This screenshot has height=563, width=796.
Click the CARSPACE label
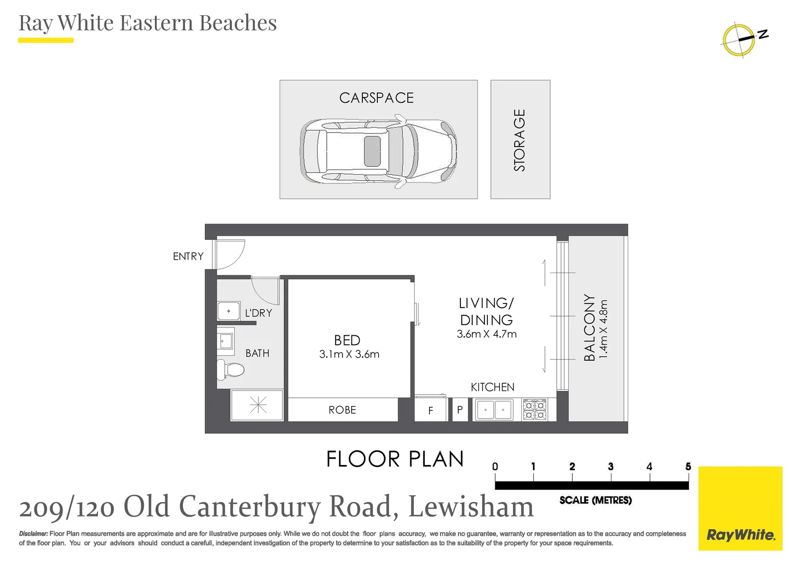click(x=376, y=98)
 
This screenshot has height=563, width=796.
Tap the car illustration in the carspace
click(x=378, y=152)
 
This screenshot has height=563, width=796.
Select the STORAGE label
click(x=520, y=140)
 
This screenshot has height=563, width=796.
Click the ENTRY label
click(x=188, y=256)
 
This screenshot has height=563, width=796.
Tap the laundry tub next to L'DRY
click(x=228, y=311)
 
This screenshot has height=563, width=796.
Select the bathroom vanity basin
click(x=226, y=341)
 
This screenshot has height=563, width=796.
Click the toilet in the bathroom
click(x=230, y=370)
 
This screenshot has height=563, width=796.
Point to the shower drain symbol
click(x=258, y=405)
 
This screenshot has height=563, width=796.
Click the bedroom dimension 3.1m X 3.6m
click(x=349, y=354)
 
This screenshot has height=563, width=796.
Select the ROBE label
click(x=342, y=410)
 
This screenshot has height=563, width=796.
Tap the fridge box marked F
click(x=431, y=410)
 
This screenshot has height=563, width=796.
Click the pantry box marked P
click(x=460, y=410)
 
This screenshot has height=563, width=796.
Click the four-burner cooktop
click(x=535, y=410)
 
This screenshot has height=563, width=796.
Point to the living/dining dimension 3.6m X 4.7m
click(x=486, y=334)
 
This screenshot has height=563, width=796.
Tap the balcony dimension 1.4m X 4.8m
click(x=604, y=328)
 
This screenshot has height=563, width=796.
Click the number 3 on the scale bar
click(x=610, y=467)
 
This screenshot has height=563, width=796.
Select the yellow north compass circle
click(x=738, y=40)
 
